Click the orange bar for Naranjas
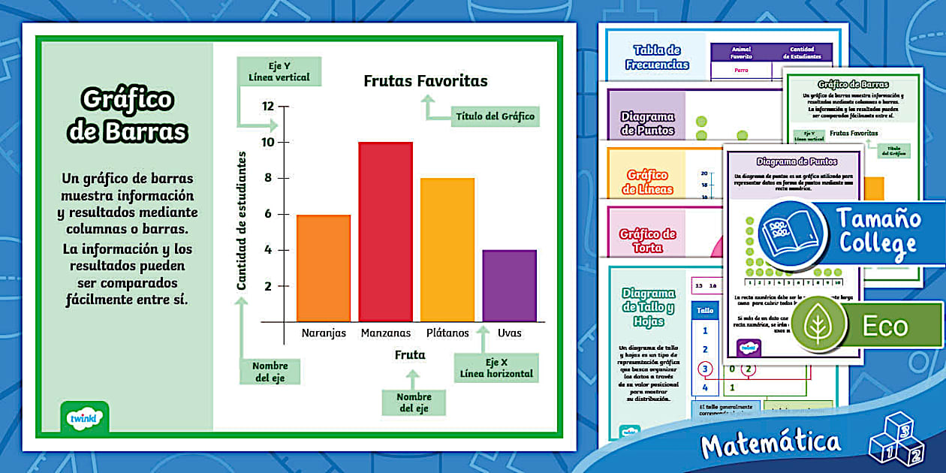324,268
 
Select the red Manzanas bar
385,231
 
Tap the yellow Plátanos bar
447,249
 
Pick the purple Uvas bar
509,285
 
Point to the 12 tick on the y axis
268,106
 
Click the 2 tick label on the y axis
267,286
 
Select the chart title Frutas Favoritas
426,81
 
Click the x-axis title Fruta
410,354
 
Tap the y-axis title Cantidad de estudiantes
242,220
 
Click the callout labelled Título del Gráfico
495,116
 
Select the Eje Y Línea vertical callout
279,71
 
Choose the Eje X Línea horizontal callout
496,367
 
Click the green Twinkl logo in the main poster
84,417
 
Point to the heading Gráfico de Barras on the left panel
127,115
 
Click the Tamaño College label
878,231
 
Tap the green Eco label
885,326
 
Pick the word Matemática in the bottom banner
770,444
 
